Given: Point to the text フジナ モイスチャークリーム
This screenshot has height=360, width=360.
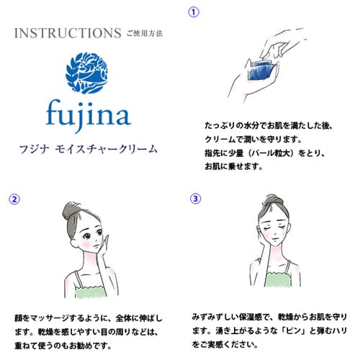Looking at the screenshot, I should [x=90, y=150].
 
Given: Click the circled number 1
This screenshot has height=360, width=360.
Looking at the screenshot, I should [x=193, y=12].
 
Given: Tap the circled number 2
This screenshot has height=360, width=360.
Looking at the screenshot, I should [x=14, y=198].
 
